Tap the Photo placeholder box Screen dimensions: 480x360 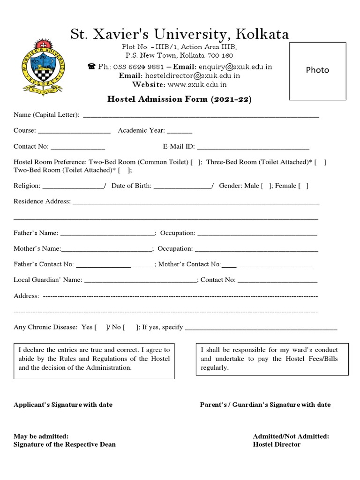coord(317,71)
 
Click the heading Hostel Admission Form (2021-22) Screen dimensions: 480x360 coord(180,99)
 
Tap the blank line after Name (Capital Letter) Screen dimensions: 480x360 coord(201,115)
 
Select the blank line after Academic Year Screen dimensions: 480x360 coord(179,131)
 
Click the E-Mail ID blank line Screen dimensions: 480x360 coord(253,147)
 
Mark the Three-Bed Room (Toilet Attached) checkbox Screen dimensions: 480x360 coord(321,162)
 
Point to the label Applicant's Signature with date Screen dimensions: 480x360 coord(63,405)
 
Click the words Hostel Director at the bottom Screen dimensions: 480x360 coord(277,444)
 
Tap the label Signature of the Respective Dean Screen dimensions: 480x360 coord(65,444)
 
